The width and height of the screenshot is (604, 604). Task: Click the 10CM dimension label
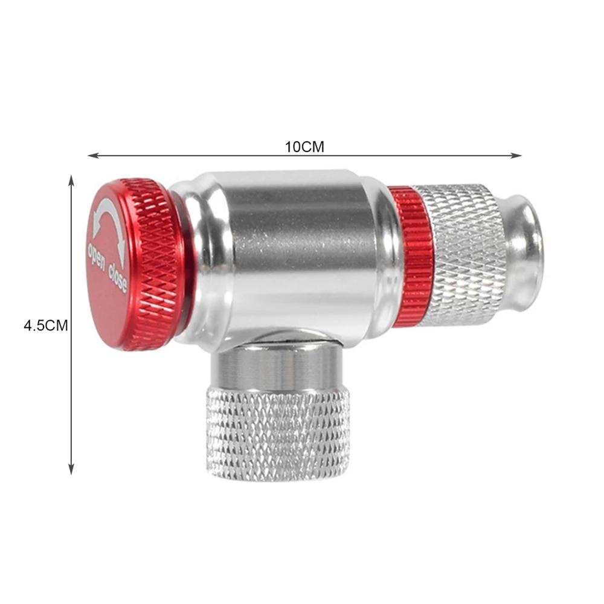pos(304,147)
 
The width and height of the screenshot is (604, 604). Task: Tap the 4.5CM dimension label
pos(45,326)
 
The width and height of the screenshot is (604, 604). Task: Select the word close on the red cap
pos(118,277)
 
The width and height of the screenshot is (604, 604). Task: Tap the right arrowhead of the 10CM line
pos(517,156)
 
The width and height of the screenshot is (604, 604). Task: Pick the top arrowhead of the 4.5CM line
pos(71,180)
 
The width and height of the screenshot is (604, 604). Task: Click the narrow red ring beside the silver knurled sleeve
pos(412,256)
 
